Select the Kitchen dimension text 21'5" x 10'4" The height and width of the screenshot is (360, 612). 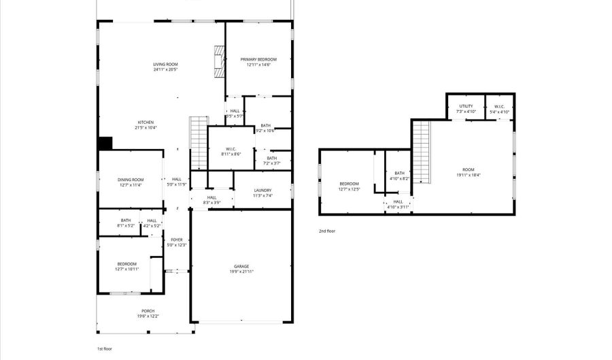146,127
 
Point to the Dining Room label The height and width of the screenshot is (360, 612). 131,179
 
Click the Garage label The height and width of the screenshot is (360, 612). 241,266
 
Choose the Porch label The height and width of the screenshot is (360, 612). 147,312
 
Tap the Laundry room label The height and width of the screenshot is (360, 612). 262,191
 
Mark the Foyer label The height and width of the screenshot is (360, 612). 176,240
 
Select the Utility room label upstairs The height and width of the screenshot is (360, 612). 466,106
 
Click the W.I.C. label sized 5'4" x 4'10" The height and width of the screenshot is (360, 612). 498,106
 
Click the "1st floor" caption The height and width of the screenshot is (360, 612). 105,348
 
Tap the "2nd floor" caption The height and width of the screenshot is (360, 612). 327,231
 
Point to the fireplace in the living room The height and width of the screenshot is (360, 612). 219,61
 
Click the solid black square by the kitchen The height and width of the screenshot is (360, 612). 105,144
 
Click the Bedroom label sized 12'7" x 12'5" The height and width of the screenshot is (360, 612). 350,184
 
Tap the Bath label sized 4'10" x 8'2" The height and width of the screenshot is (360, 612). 399,174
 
